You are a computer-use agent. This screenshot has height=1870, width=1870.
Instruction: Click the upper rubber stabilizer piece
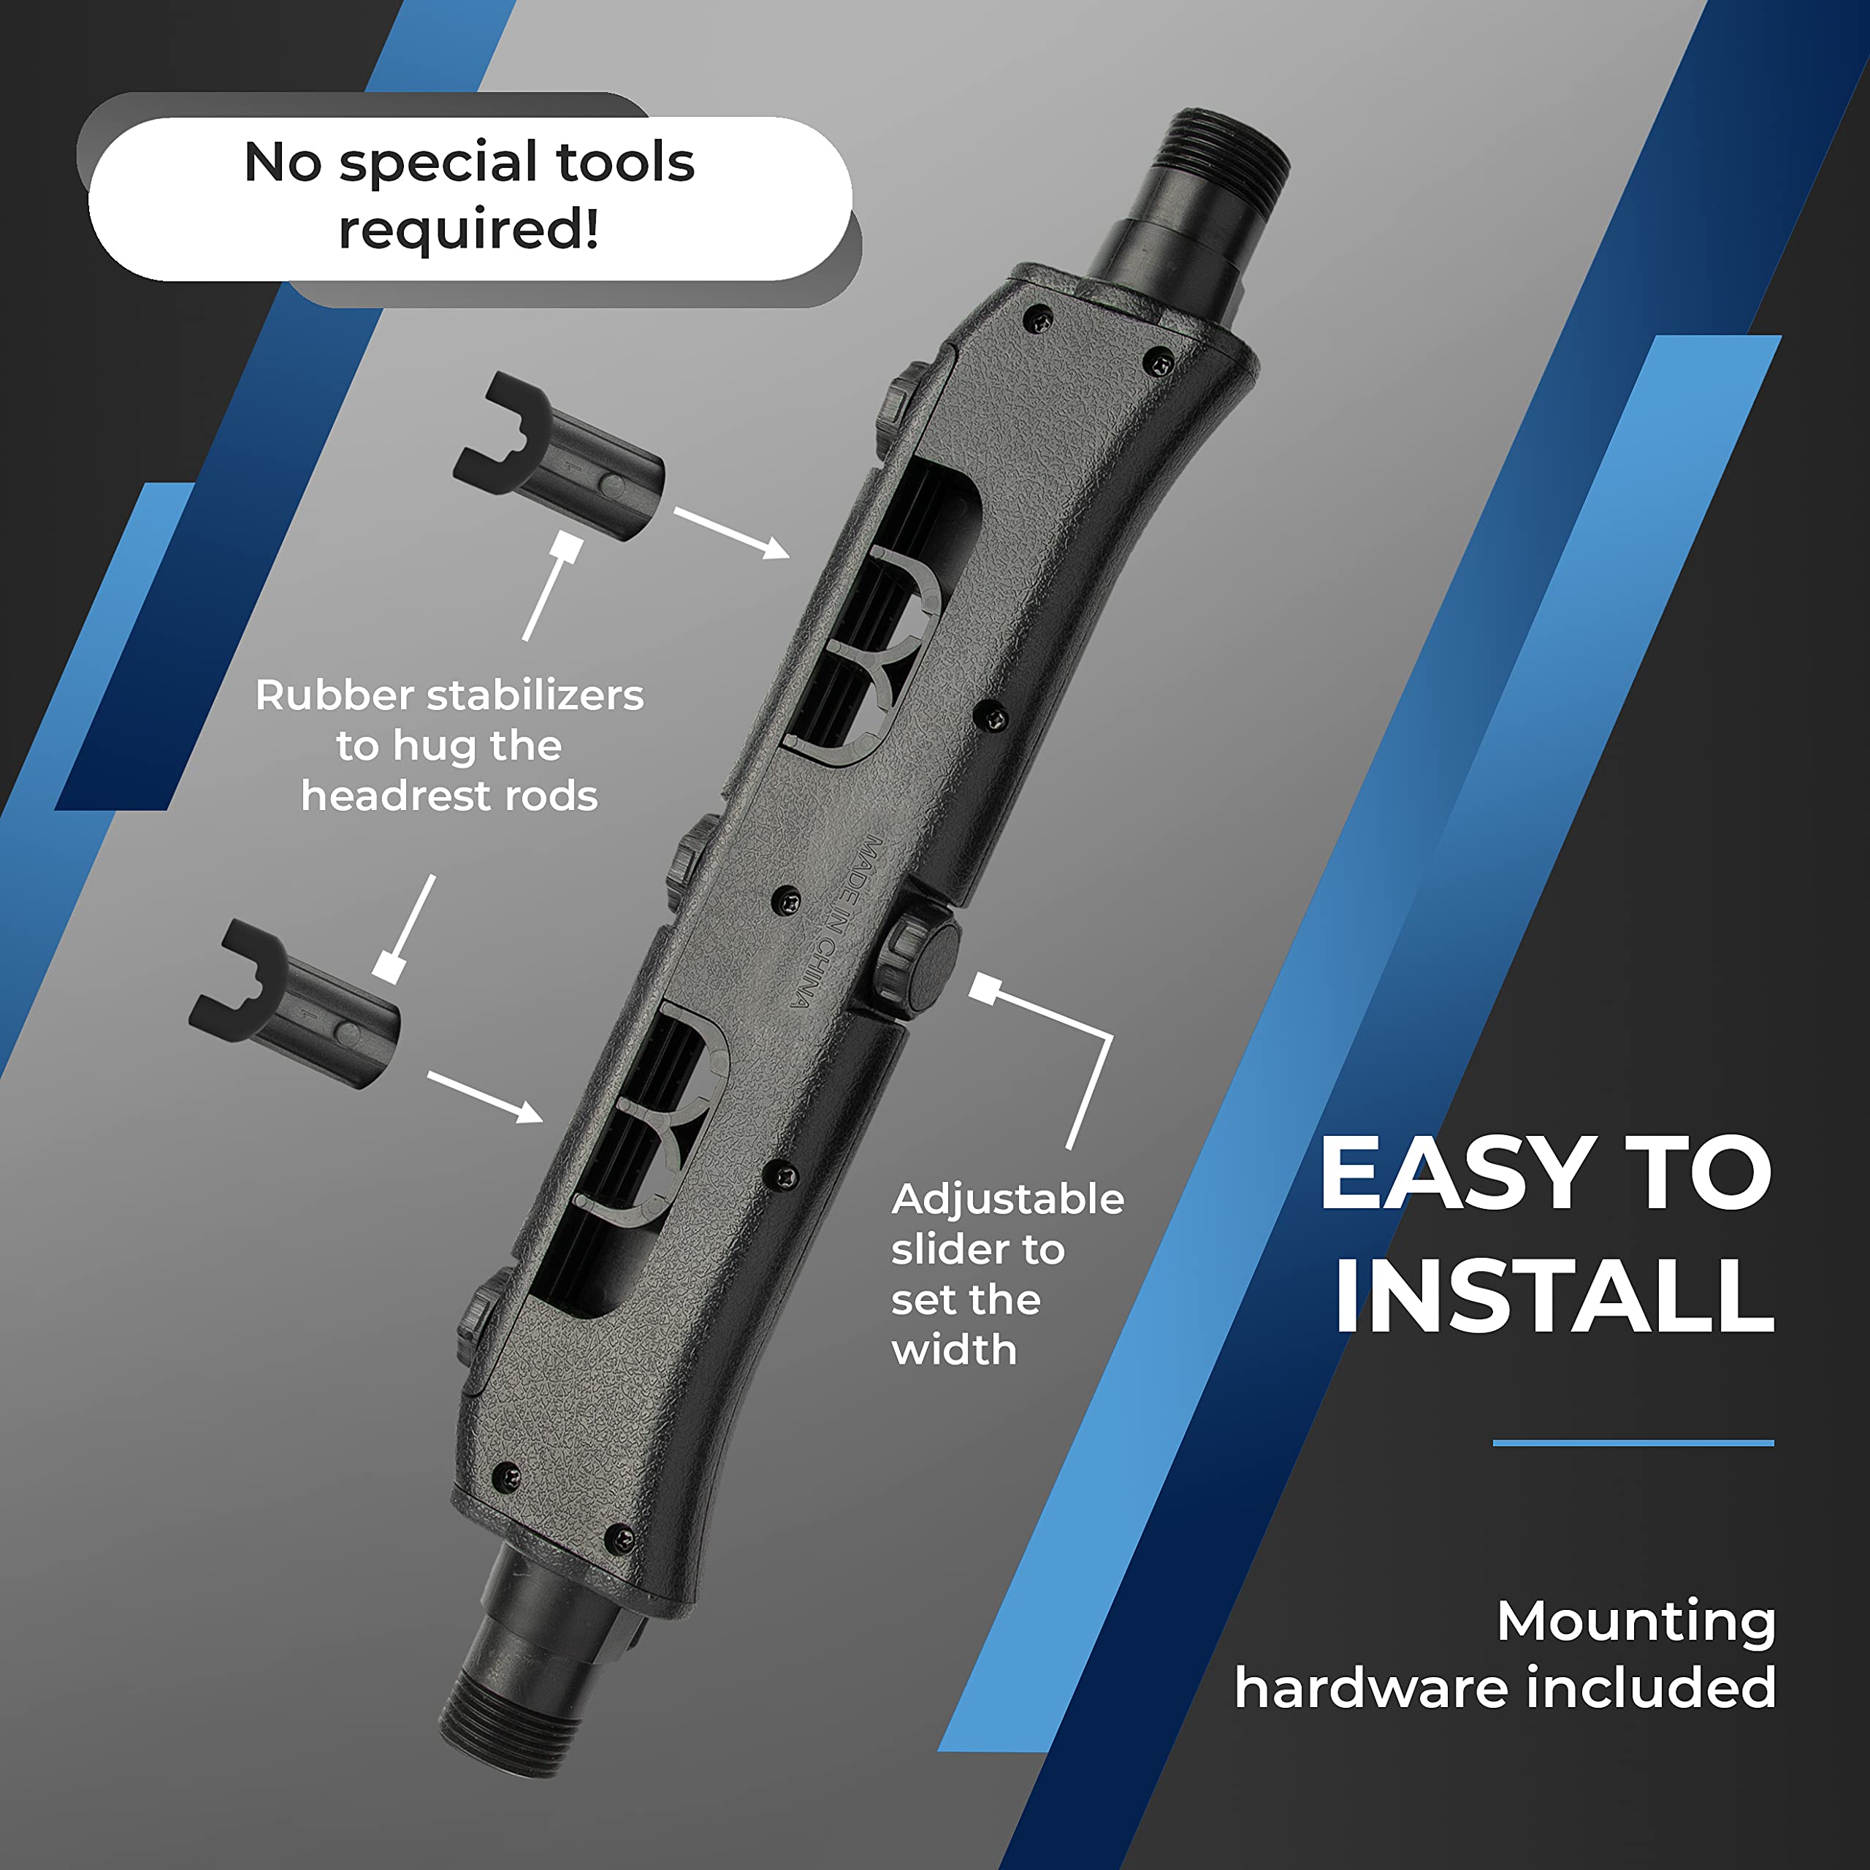click(560, 457)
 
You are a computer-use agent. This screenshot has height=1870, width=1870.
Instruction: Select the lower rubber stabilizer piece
click(294, 1004)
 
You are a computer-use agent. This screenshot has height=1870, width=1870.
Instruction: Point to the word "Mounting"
click(1636, 1621)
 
